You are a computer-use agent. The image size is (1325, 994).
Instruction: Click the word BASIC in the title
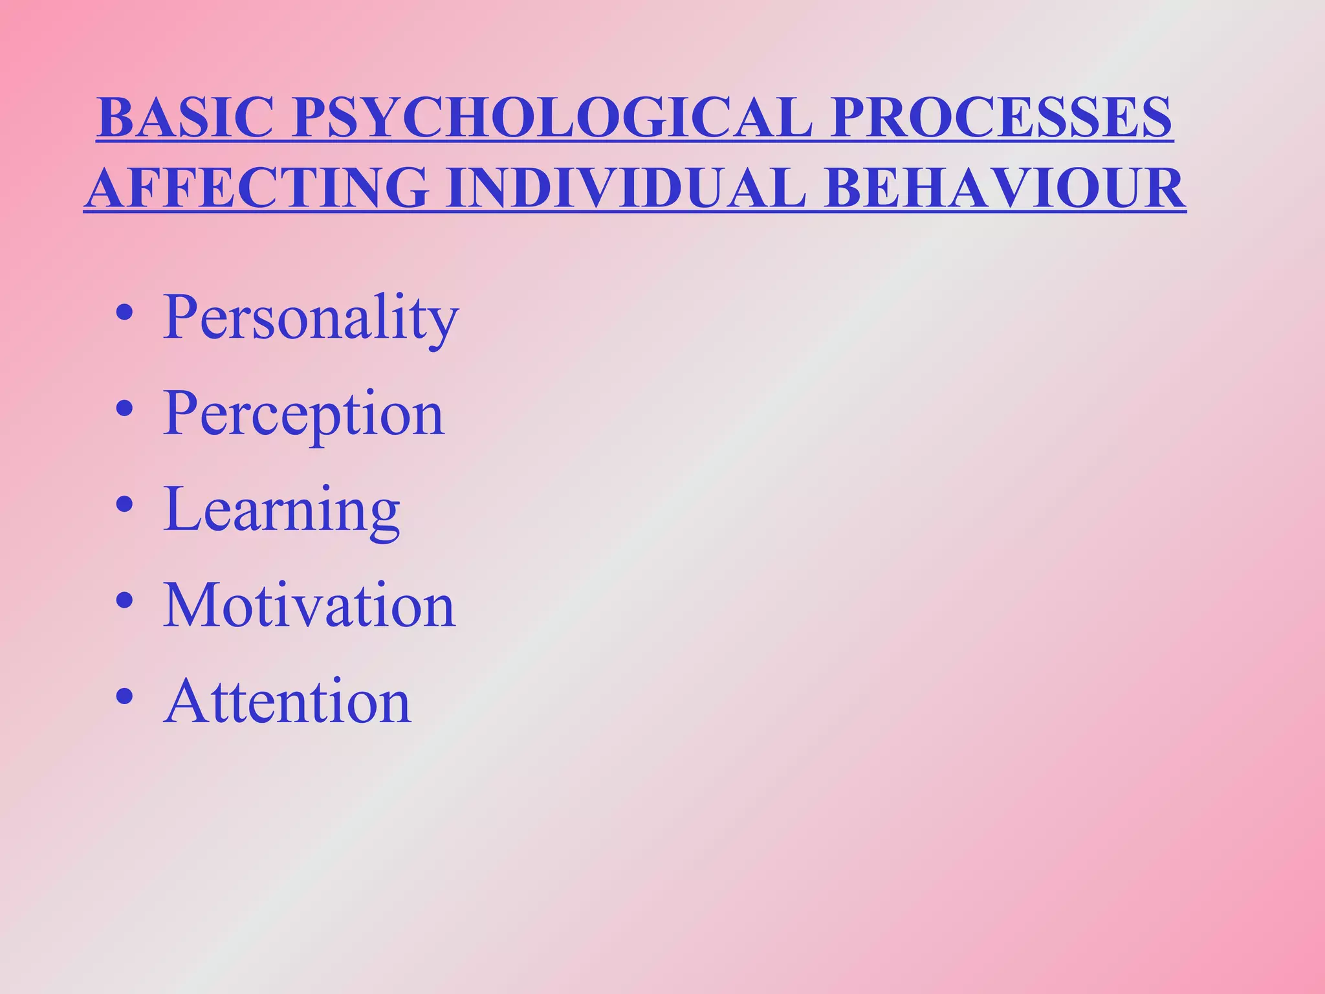click(185, 117)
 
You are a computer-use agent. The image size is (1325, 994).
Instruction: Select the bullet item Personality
click(311, 317)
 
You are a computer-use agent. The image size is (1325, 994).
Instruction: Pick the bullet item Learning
click(281, 509)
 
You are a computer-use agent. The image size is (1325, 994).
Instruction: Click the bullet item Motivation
click(309, 605)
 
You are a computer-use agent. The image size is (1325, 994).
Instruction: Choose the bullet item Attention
click(287, 701)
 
